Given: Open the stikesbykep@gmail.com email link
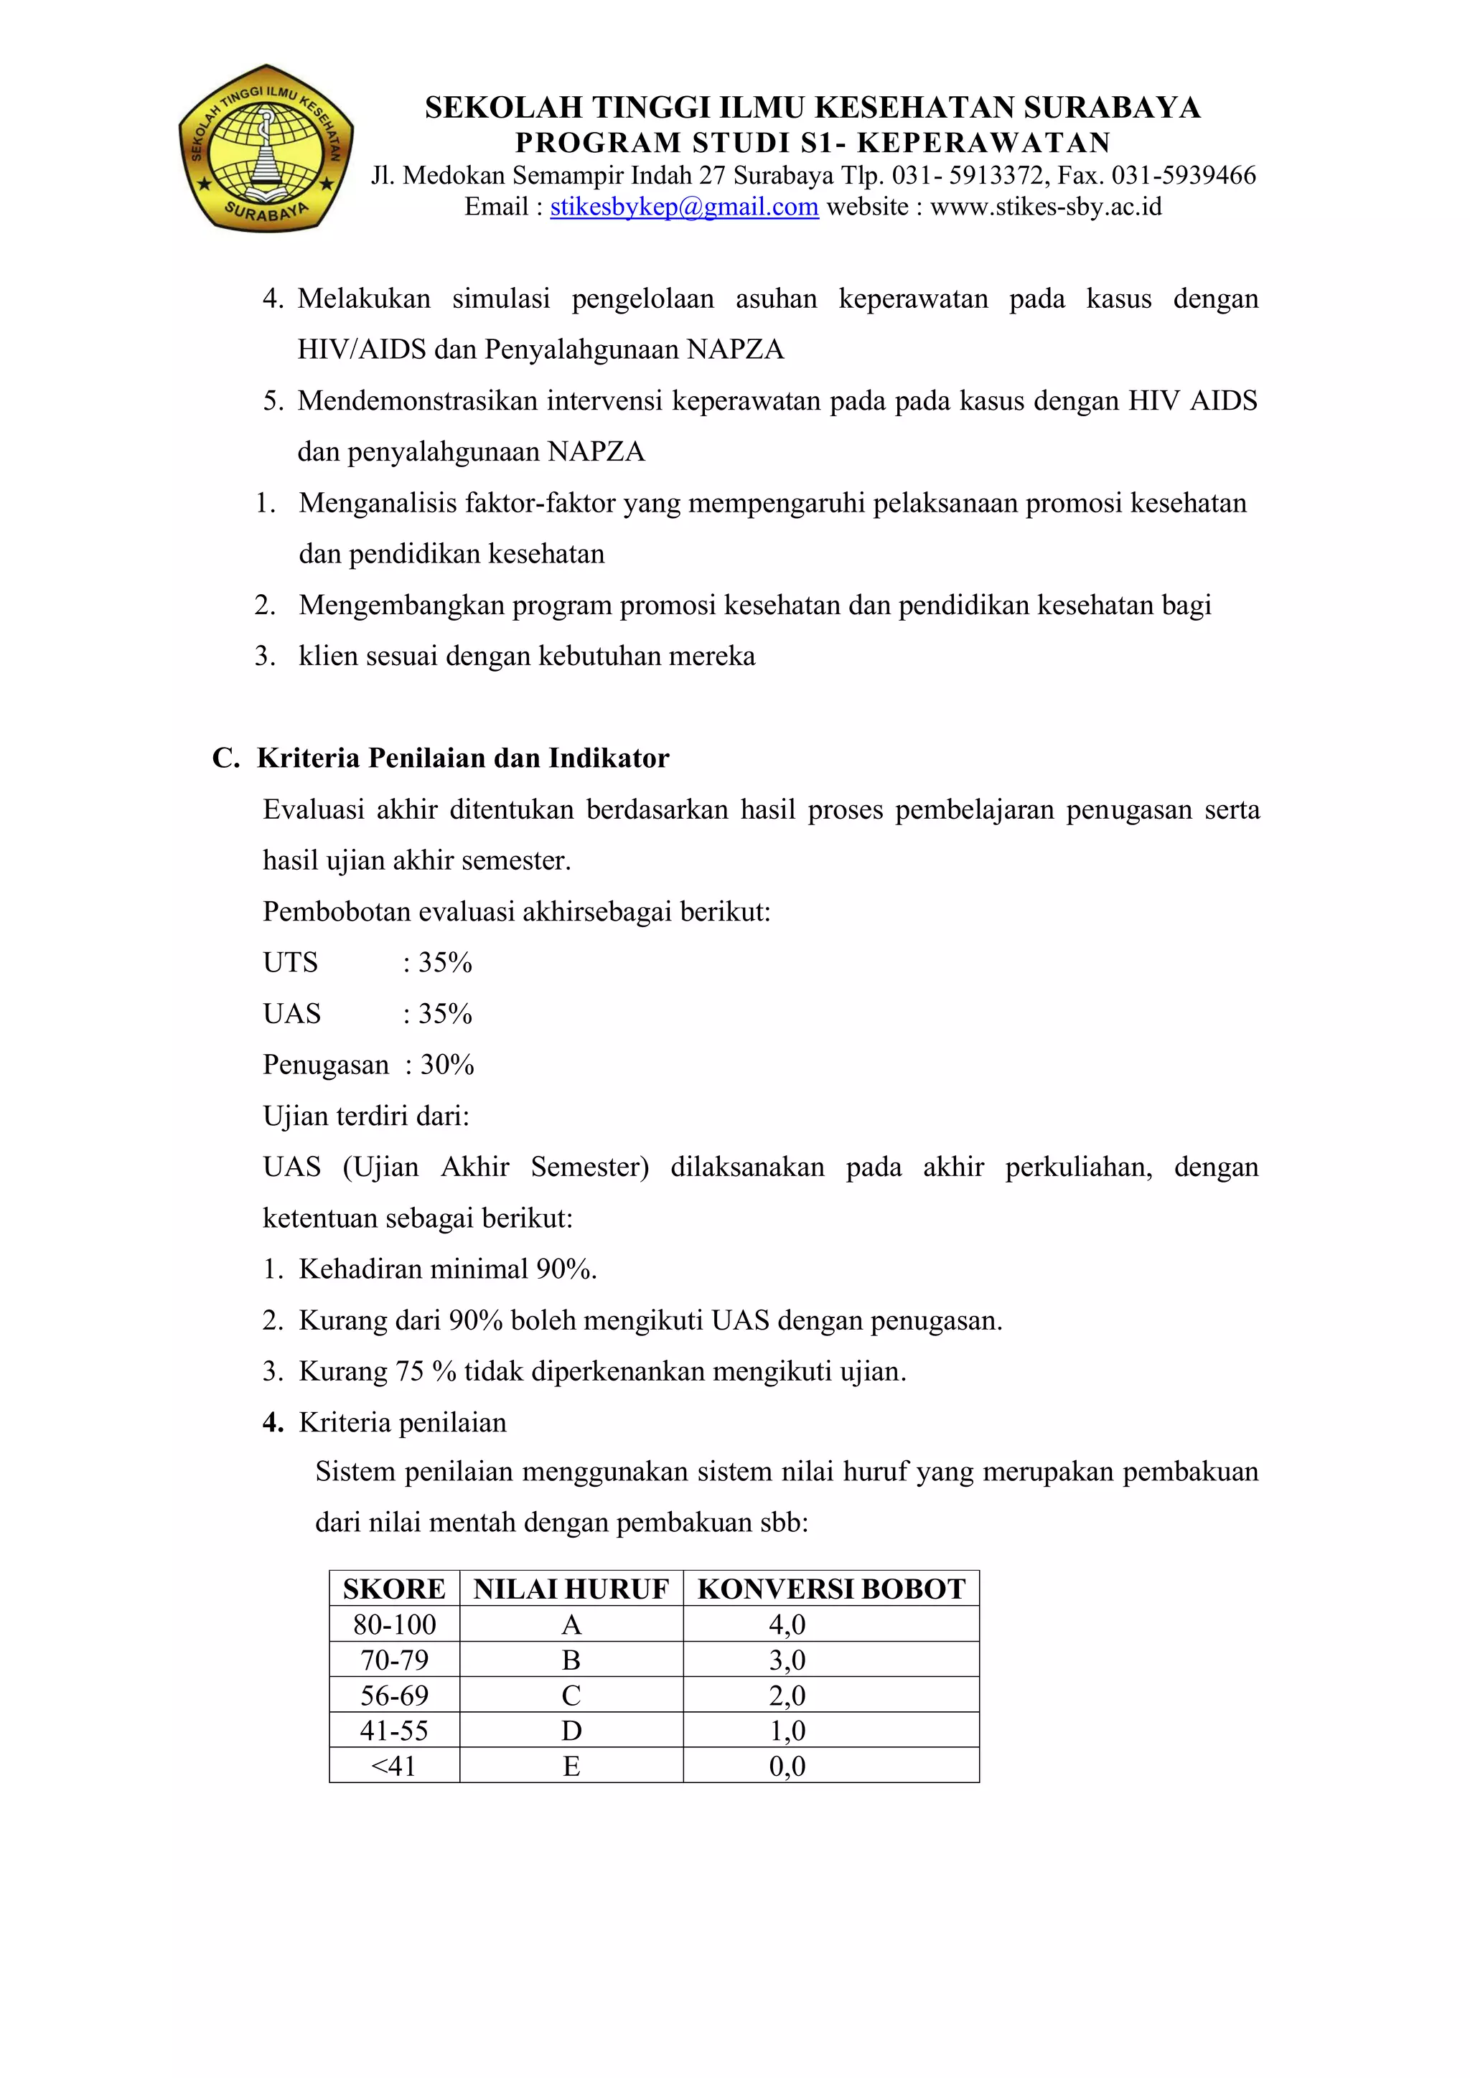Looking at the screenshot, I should (x=684, y=207).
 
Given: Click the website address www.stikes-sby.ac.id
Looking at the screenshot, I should (x=1046, y=207).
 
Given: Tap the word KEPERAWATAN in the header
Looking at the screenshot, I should (x=984, y=143).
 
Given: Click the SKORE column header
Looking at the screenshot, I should (x=394, y=1589).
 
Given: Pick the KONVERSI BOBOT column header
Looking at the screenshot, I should (x=831, y=1589).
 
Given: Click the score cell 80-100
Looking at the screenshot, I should (x=394, y=1625).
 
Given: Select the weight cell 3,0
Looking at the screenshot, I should (x=787, y=1660).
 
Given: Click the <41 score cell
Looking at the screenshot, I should (x=394, y=1766).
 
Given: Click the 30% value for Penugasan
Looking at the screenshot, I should (x=447, y=1064).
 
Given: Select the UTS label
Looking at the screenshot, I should (x=291, y=962).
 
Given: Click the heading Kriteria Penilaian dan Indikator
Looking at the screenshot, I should (x=462, y=758).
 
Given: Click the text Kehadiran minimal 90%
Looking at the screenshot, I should (x=447, y=1269).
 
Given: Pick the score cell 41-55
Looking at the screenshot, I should (x=394, y=1731).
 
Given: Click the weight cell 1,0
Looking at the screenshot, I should (x=787, y=1731).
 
